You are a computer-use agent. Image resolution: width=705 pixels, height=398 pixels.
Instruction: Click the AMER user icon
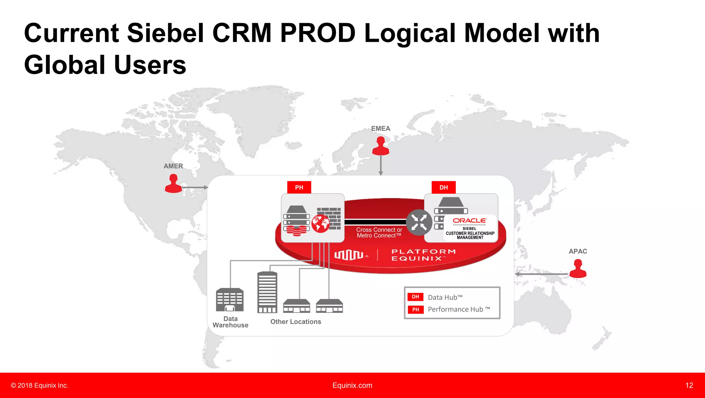click(x=173, y=183)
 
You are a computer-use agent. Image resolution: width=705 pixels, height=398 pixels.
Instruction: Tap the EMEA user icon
click(x=381, y=146)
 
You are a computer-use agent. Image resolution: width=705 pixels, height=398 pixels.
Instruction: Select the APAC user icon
click(x=578, y=269)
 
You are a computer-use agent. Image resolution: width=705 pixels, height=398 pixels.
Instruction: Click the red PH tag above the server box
click(x=299, y=187)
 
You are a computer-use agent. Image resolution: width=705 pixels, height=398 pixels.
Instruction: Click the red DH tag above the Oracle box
click(x=443, y=187)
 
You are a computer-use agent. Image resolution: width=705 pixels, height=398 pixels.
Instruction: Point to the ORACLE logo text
click(x=470, y=221)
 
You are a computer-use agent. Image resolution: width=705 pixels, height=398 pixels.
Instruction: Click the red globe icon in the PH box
click(x=320, y=224)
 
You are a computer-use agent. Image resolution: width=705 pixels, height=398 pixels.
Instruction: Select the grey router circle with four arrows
click(x=419, y=223)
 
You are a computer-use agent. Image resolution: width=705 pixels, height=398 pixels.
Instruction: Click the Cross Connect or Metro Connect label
click(x=379, y=233)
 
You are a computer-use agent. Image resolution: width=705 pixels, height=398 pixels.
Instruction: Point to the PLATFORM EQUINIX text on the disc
click(x=423, y=255)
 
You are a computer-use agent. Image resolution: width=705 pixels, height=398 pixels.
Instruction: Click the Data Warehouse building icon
click(x=230, y=299)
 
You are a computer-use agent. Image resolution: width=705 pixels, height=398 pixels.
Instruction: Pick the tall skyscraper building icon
click(x=267, y=292)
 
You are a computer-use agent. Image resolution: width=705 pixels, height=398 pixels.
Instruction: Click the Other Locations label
click(x=296, y=322)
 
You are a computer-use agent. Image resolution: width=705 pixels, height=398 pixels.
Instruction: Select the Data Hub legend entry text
click(x=445, y=297)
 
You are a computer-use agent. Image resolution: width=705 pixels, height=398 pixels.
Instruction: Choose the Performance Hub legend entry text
click(x=459, y=309)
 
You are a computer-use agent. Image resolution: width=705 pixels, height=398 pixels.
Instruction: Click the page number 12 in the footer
click(x=689, y=385)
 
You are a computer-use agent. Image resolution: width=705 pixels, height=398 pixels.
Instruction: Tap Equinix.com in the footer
click(x=352, y=385)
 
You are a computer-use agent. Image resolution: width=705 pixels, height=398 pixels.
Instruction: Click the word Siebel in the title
click(x=166, y=33)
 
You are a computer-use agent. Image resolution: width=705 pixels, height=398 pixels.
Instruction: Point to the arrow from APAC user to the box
click(x=541, y=274)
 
